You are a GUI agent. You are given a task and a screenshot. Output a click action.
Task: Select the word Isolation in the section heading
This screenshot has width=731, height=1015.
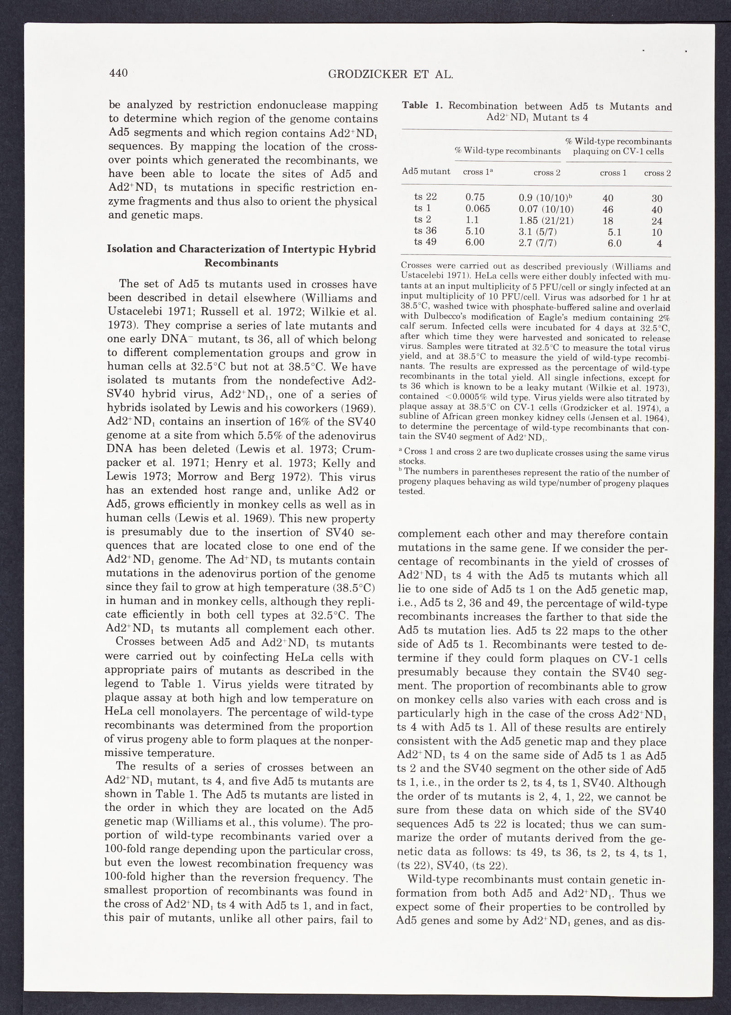coord(128,249)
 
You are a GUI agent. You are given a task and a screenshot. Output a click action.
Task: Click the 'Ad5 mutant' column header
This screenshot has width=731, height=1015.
coord(426,171)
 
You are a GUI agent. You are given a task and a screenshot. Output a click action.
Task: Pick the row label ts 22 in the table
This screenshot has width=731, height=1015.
coord(425,197)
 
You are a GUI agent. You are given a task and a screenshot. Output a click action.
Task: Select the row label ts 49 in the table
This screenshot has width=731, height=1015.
coord(425,242)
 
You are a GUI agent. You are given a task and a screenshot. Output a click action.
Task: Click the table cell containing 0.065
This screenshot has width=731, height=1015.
coord(477,208)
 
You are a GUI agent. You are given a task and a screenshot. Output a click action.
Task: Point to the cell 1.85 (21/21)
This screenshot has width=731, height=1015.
coord(546,221)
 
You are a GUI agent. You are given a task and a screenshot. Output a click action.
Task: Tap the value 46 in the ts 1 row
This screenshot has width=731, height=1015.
coord(607,210)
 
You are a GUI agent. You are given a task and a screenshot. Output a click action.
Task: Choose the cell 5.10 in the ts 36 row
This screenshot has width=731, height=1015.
coord(475,231)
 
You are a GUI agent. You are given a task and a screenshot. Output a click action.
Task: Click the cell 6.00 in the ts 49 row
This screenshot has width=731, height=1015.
coord(475,242)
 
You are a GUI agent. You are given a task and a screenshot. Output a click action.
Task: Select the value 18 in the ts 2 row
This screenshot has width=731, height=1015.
coord(607,221)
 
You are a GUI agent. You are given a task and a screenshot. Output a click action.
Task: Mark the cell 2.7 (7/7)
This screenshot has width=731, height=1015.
coord(537,243)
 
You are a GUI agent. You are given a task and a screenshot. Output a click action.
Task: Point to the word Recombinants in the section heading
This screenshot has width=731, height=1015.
coord(241,264)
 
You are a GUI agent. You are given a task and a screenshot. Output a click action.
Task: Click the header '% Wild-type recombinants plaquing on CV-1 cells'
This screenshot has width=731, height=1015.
coord(618,146)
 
